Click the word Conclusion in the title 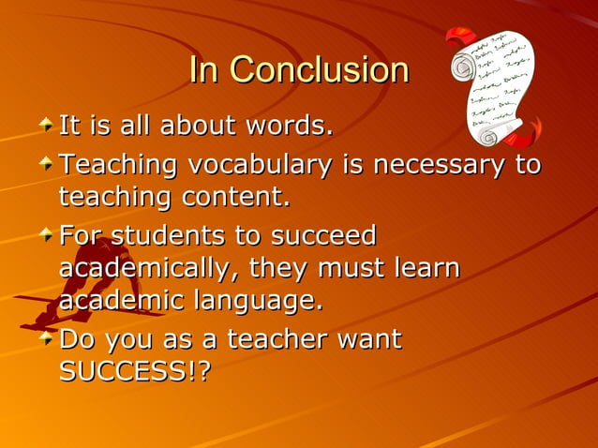point(319,70)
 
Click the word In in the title point(204,70)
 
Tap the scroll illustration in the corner point(493,87)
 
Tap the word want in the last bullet point(369,338)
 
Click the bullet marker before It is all point(46,123)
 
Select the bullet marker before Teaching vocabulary point(46,164)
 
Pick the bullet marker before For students point(46,233)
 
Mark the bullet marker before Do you point(46,336)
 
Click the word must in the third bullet point(343,269)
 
